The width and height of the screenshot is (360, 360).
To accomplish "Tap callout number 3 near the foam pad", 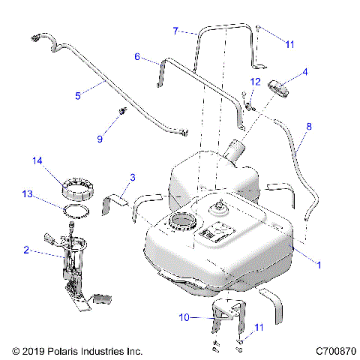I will (133, 177).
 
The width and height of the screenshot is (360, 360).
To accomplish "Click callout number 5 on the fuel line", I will (79, 95).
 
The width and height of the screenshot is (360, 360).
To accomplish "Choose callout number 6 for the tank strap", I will (138, 56).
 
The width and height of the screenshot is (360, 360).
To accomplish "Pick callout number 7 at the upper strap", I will (175, 31).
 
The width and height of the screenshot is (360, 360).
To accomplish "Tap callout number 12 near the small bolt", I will (255, 80).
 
